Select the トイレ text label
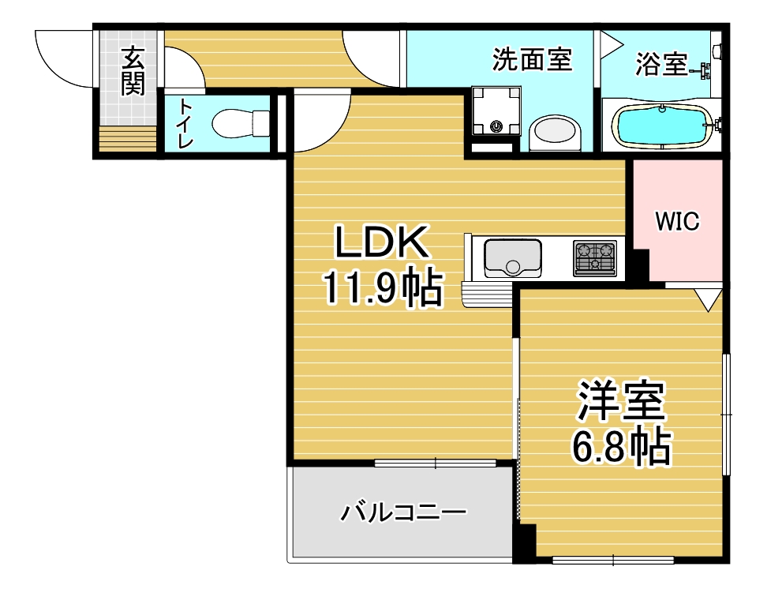tap(185, 123)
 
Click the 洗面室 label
tap(532, 60)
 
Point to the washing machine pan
tap(496, 111)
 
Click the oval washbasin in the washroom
tap(556, 131)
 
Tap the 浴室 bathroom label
tap(661, 64)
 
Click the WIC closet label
tap(678, 221)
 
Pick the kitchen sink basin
tap(513, 258)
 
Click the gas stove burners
tap(595, 258)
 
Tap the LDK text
tap(382, 242)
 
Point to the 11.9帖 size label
tap(383, 287)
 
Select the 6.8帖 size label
tap(621, 446)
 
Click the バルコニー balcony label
tap(403, 512)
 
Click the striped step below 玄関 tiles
tap(128, 139)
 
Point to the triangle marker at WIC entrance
tap(708, 300)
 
